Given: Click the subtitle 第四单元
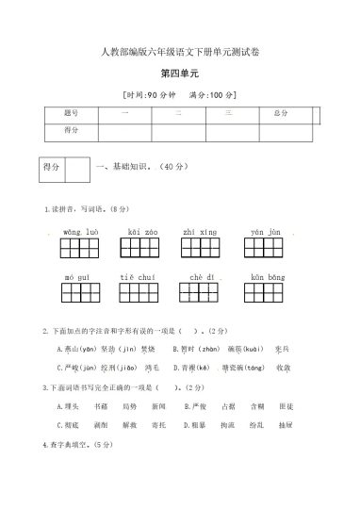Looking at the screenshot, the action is pyautogui.click(x=180, y=73).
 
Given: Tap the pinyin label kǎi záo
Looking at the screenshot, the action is pyautogui.click(x=142, y=231).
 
